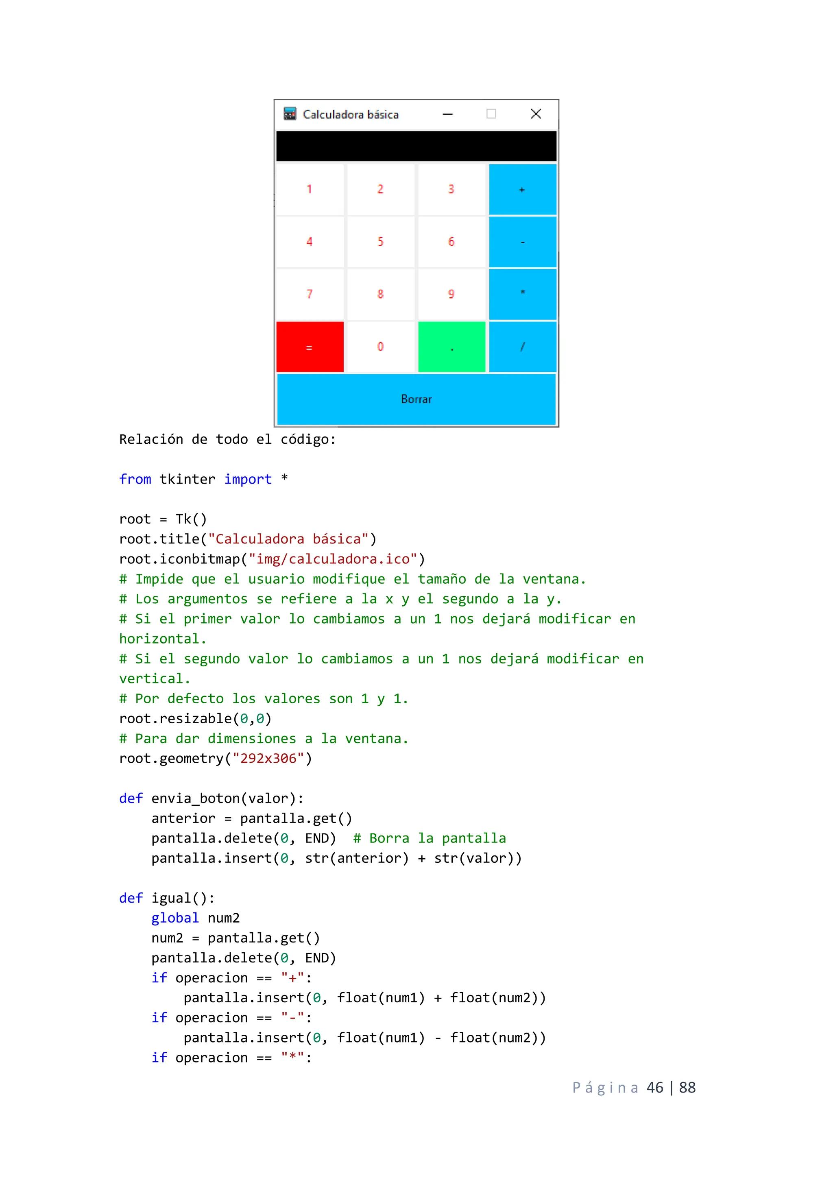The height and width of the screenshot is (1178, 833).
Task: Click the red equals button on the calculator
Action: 310,347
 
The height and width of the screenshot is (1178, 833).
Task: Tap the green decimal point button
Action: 451,347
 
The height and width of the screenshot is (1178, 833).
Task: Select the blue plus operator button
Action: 522,189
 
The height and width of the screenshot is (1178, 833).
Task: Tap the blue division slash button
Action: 522,347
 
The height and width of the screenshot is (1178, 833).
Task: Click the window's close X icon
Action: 536,114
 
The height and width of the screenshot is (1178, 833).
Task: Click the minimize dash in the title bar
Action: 448,114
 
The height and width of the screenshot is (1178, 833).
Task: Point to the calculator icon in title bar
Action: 290,114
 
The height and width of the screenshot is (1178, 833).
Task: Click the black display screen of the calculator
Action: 416,146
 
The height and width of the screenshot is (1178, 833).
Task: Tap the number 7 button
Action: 310,294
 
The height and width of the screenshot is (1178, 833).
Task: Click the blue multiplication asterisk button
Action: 522,294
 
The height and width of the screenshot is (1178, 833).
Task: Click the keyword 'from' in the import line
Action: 135,479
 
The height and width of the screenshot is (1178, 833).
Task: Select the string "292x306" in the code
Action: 268,758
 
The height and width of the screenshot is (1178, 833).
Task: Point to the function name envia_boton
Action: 195,798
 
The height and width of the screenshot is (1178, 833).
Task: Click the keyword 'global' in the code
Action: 175,918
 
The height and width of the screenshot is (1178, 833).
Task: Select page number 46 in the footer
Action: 655,1087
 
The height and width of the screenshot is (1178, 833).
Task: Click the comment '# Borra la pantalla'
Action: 430,838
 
